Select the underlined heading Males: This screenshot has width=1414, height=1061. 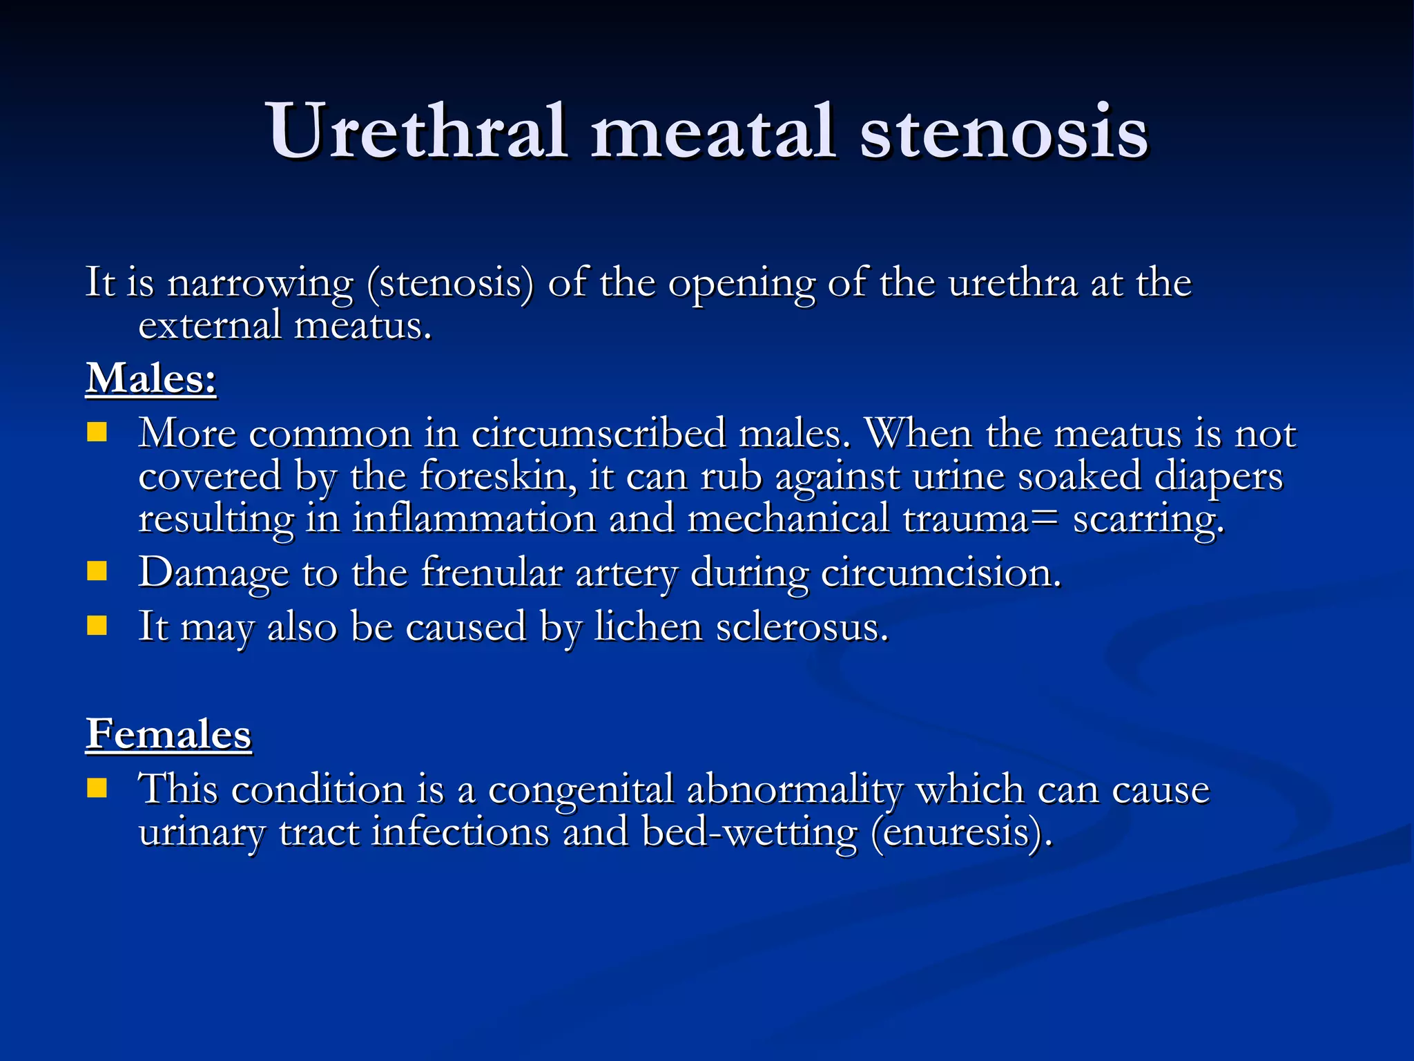click(x=151, y=379)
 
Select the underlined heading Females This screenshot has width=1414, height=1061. click(x=168, y=734)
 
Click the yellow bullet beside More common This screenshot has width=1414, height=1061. click(x=97, y=432)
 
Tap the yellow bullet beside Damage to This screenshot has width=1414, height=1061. click(x=97, y=571)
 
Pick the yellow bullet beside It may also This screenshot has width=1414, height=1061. click(x=97, y=625)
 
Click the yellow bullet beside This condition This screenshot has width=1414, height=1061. click(x=97, y=788)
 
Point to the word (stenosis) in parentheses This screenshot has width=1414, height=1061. click(x=450, y=283)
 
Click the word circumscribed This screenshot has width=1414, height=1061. click(x=598, y=434)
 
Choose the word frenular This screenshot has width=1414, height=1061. click(x=492, y=573)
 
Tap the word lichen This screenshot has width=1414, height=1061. click(x=648, y=627)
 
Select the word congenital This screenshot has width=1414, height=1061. click(x=581, y=790)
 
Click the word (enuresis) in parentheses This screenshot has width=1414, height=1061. click(x=962, y=832)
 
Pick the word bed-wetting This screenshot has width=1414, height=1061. click(x=749, y=832)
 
